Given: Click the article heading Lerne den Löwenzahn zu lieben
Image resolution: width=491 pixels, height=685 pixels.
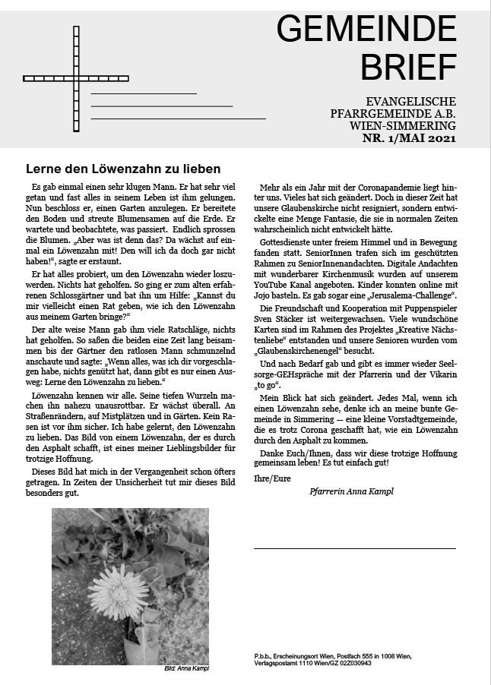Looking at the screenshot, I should point(123,168).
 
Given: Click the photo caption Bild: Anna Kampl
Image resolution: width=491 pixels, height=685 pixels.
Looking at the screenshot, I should point(186,668).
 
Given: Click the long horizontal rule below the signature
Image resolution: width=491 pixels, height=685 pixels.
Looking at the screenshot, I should point(355,548).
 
